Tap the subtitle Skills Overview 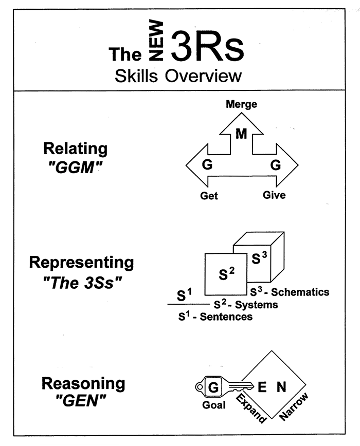click(178, 76)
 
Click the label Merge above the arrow click(241, 105)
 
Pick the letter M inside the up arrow click(241, 134)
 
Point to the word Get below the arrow click(209, 196)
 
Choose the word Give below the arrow click(274, 195)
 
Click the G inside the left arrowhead click(208, 165)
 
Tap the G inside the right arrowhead click(275, 165)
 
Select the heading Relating click(76, 148)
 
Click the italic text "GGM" click(76, 168)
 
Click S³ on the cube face click(260, 258)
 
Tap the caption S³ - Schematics click(290, 292)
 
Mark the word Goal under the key click(213, 405)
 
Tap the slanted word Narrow click(294, 406)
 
